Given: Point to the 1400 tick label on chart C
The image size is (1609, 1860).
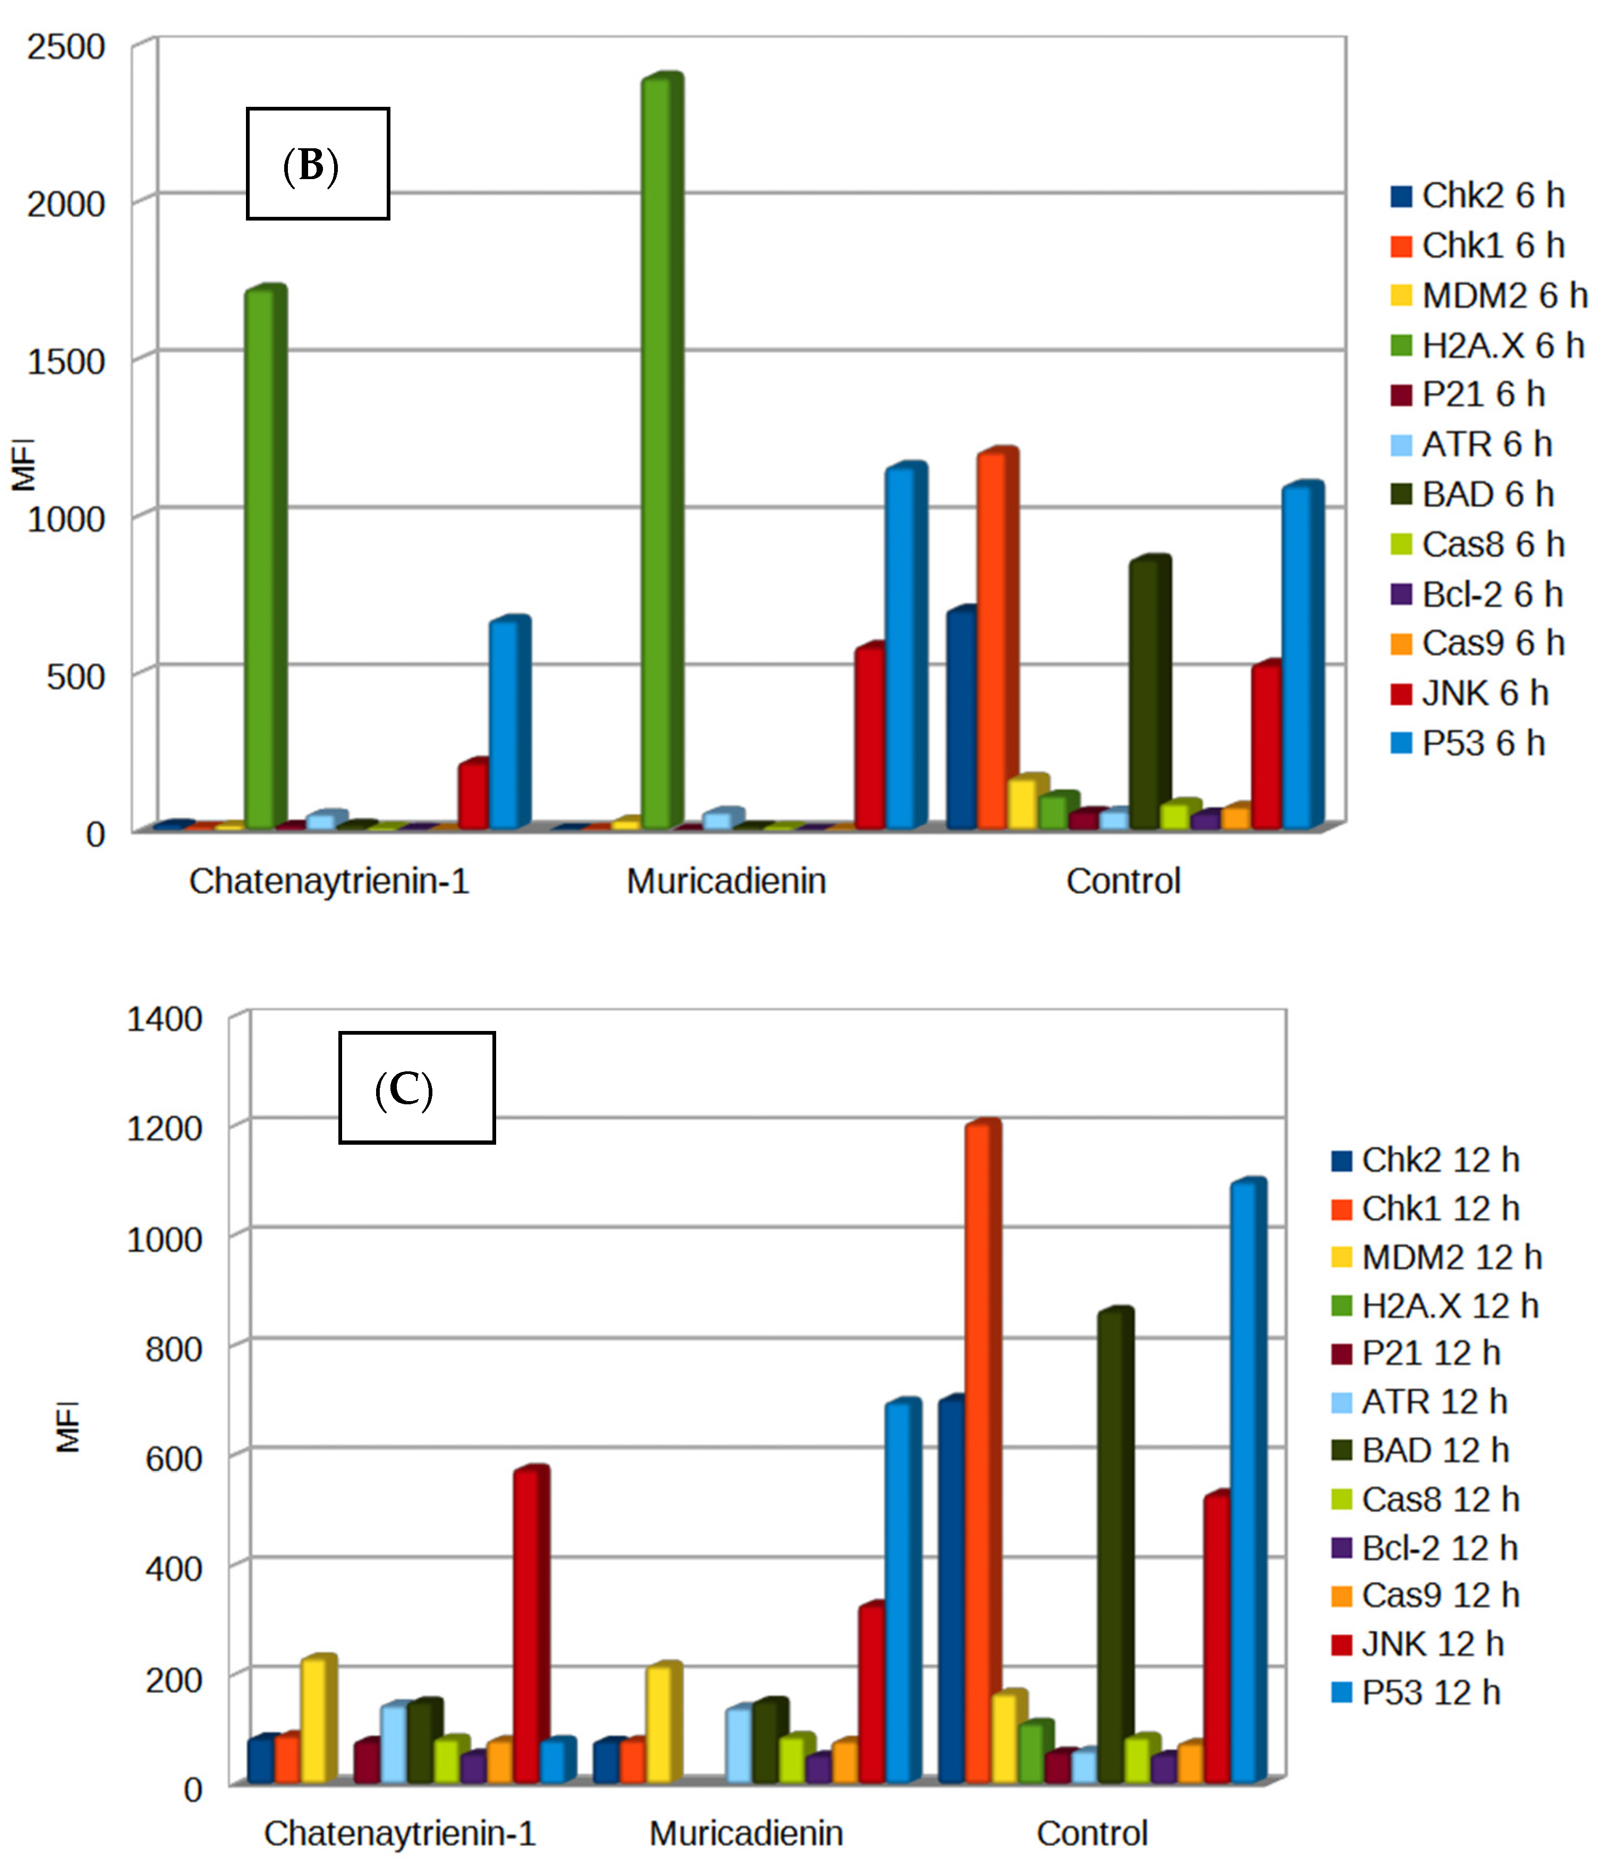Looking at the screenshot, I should pos(164,1019).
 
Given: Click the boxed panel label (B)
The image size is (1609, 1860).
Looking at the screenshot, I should pos(318,164).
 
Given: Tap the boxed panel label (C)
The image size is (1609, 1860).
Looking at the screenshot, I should pos(416,1088).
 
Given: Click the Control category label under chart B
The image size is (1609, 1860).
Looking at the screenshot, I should pos(1122,881).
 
